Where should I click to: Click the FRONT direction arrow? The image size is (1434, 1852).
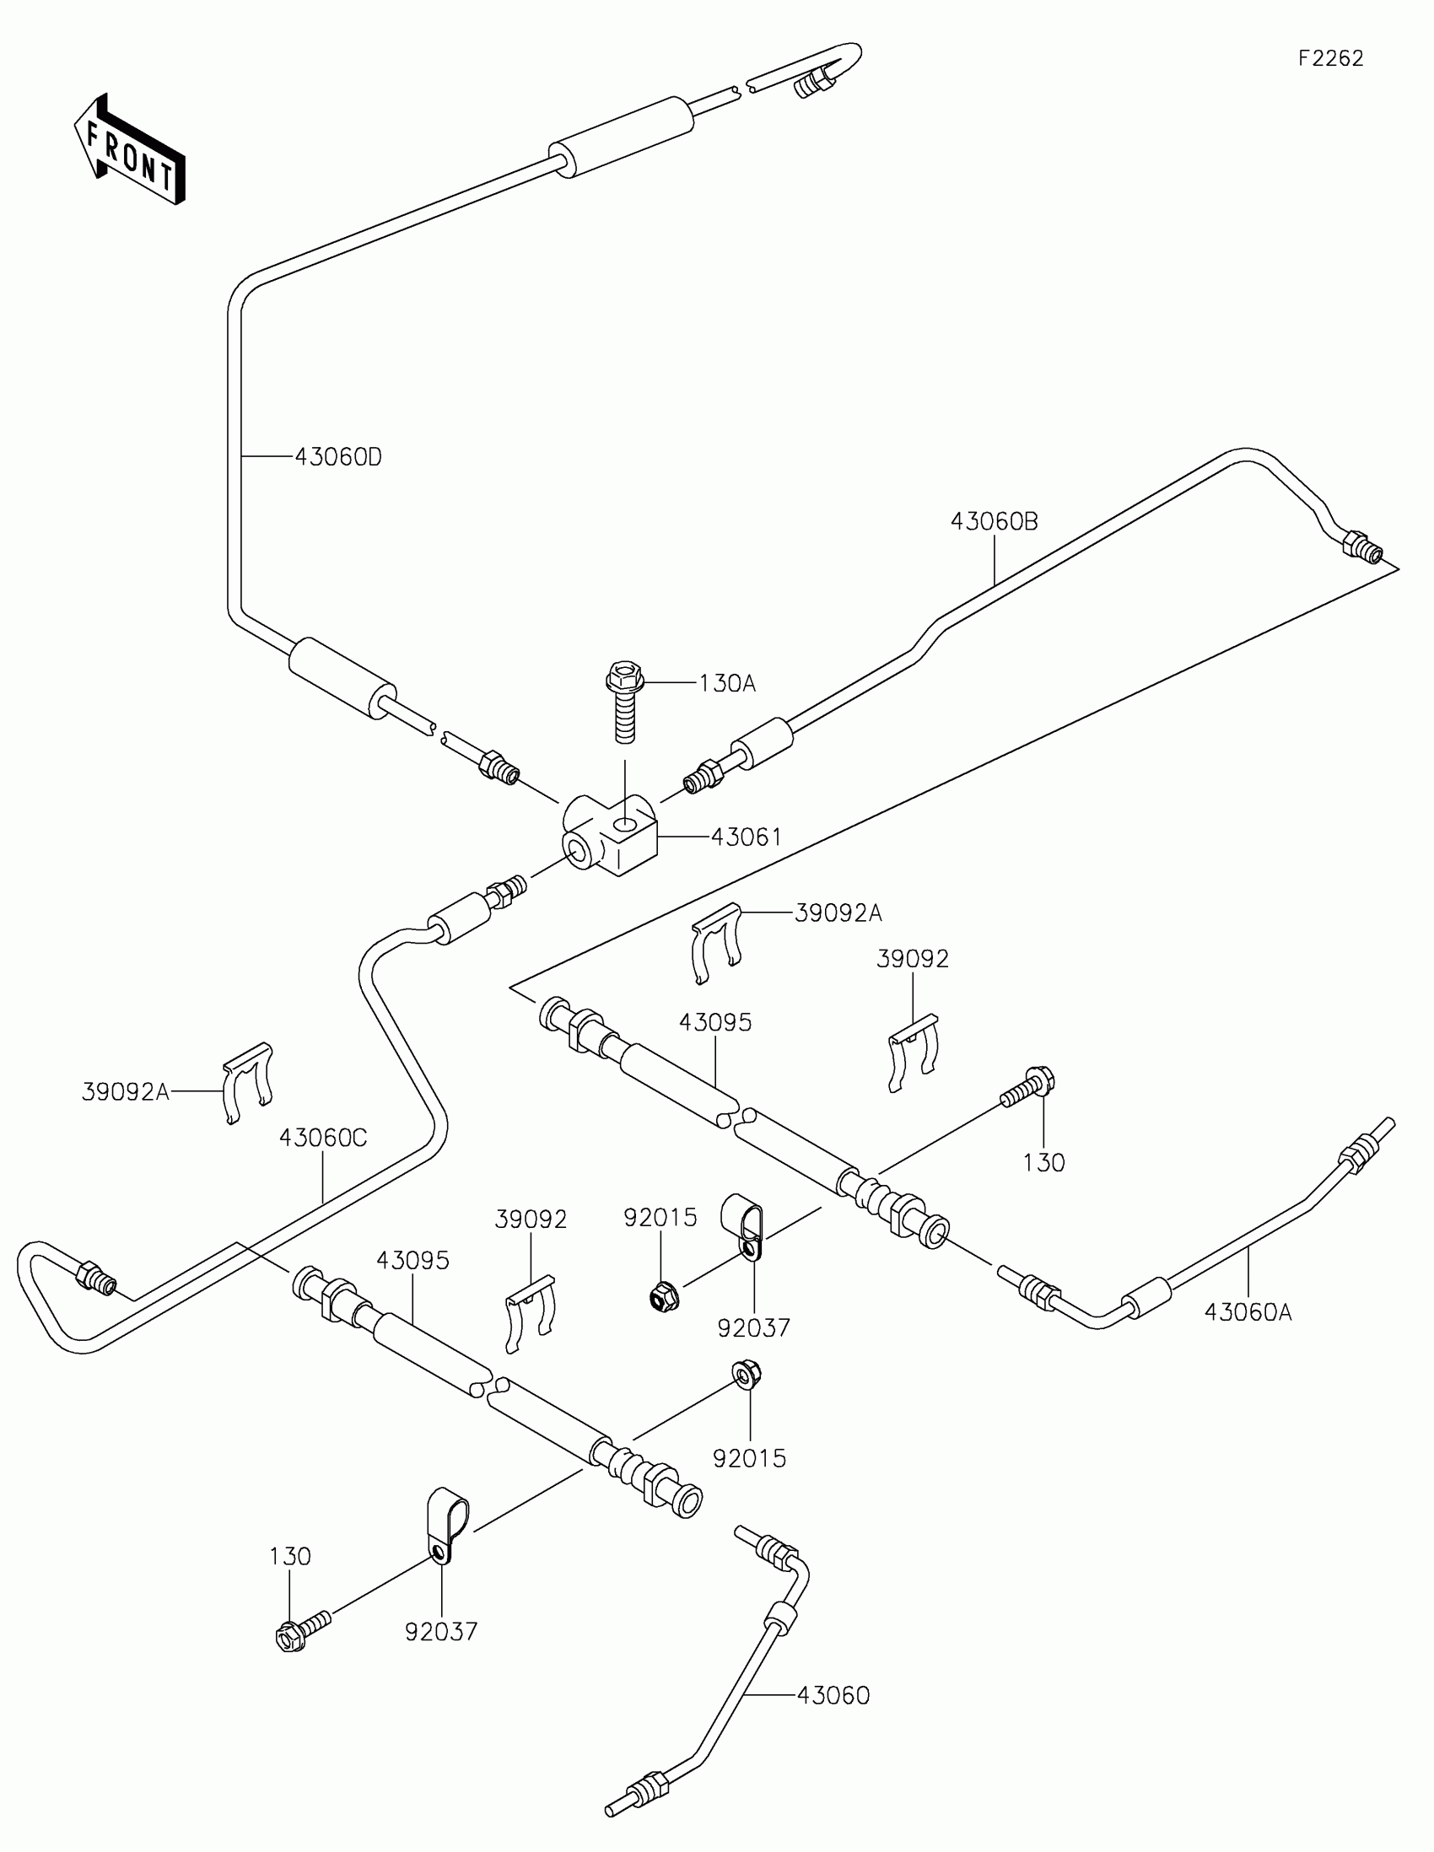pyautogui.click(x=130, y=151)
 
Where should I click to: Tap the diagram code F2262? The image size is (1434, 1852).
pyautogui.click(x=1330, y=58)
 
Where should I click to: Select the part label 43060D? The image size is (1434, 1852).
pyautogui.click(x=338, y=457)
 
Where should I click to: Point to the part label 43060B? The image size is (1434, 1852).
pyautogui.click(x=994, y=521)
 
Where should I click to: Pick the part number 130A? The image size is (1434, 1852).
pyautogui.click(x=727, y=683)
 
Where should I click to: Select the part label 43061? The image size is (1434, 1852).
pyautogui.click(x=747, y=837)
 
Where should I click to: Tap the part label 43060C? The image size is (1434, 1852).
pyautogui.click(x=323, y=1138)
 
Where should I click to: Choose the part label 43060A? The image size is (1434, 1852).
pyautogui.click(x=1248, y=1313)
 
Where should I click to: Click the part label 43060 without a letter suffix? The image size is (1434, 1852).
pyautogui.click(x=833, y=1695)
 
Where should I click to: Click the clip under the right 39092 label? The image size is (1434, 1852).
pyautogui.click(x=913, y=1053)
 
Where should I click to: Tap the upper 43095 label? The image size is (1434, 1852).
pyautogui.click(x=714, y=1023)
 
